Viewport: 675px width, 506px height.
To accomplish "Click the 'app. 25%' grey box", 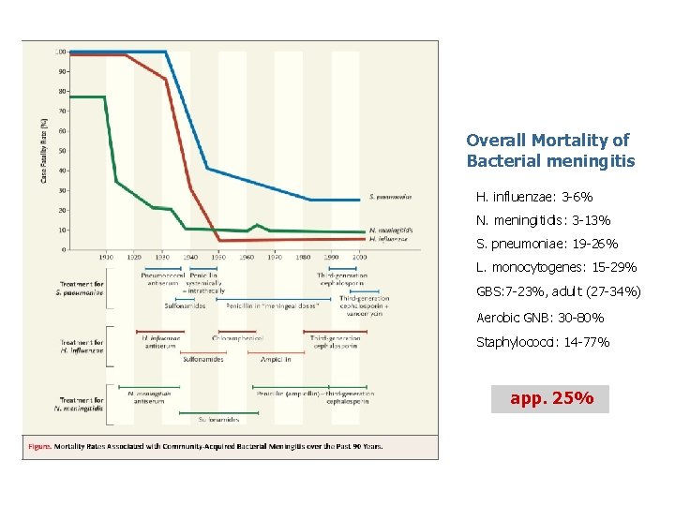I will click(x=550, y=398).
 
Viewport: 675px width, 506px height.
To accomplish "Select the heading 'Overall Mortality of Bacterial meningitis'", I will click(x=550, y=150).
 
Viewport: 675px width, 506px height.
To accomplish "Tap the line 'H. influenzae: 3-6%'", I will click(x=534, y=198).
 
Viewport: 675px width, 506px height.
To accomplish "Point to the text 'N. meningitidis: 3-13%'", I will click(x=543, y=221).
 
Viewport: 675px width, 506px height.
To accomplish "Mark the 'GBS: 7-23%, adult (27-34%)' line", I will click(x=559, y=292).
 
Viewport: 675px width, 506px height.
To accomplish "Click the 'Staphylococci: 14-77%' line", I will click(x=543, y=342).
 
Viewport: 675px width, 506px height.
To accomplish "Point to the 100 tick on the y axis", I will click(x=60, y=51).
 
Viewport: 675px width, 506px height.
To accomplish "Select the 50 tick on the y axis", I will click(x=62, y=150).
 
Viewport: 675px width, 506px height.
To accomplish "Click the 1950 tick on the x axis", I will click(x=218, y=256).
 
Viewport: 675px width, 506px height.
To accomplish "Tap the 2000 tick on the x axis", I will click(x=360, y=256).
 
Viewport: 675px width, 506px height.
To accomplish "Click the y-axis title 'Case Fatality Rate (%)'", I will click(x=44, y=150).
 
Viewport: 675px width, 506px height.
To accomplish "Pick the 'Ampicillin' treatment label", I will click(x=275, y=359).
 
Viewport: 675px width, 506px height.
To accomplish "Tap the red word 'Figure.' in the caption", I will click(x=39, y=446).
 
